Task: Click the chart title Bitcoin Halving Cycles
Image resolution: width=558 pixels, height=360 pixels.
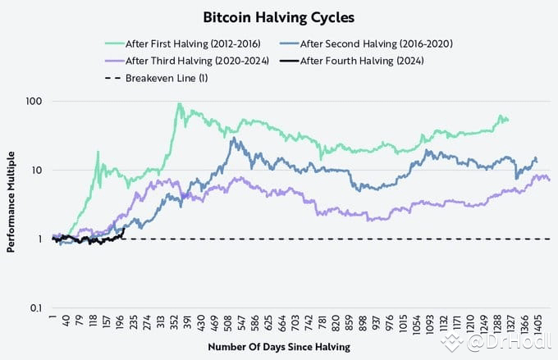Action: pyautogui.click(x=278, y=16)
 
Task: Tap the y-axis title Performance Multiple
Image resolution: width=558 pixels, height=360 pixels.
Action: pyautogui.click(x=12, y=204)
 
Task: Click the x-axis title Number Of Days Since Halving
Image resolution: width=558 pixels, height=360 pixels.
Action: pyautogui.click(x=278, y=347)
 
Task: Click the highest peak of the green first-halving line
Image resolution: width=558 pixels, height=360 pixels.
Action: pyautogui.click(x=179, y=104)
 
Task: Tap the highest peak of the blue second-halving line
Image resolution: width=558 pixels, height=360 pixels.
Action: pyautogui.click(x=236, y=139)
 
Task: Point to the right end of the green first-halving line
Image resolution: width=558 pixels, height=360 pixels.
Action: pyautogui.click(x=508, y=120)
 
